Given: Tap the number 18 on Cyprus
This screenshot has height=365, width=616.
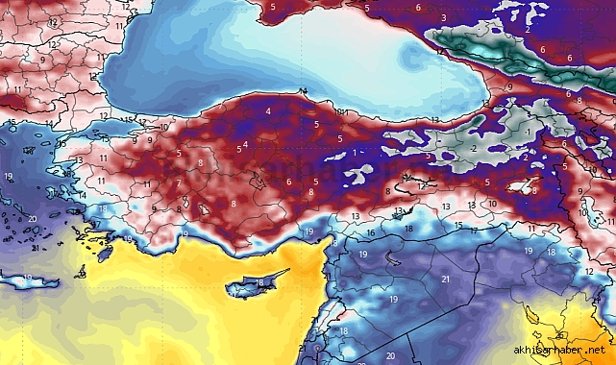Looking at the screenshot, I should point(259,283).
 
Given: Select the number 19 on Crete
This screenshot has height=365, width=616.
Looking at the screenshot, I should point(28,279).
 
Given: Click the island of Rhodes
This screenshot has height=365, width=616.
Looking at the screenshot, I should point(104,253).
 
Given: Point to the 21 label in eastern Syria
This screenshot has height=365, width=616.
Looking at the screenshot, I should point(445,280).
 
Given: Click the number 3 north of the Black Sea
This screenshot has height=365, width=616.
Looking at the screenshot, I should point(443,18).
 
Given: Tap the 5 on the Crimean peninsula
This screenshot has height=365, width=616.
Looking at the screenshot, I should point(274,9).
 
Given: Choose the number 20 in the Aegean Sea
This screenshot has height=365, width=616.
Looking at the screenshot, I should point(32,219).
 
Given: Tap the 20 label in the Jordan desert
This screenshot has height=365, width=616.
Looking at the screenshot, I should point(390,356).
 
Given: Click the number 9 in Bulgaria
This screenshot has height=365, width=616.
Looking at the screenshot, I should point(42,60).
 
